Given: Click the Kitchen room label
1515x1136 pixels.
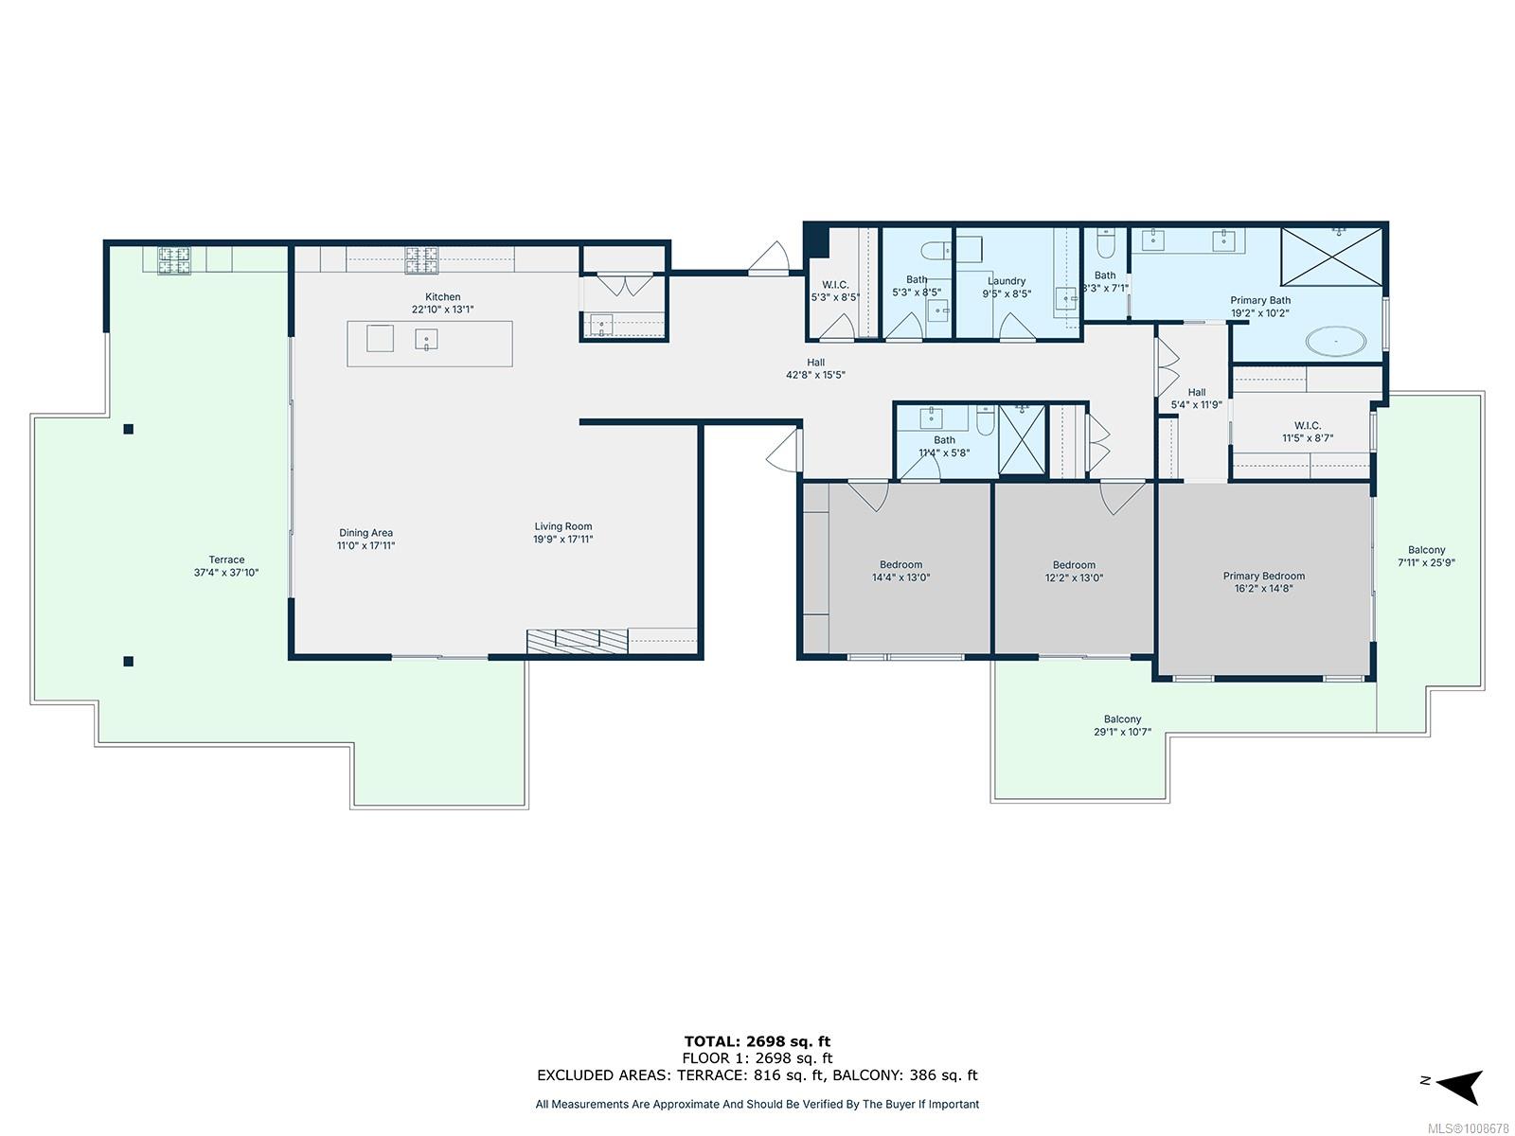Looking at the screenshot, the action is (x=442, y=296).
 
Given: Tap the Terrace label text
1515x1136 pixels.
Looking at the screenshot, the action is (x=226, y=559).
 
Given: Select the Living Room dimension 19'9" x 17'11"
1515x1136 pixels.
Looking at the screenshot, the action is (x=562, y=540).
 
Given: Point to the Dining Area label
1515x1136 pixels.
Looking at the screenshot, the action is (x=365, y=532).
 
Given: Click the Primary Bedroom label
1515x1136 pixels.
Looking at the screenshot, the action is (x=1264, y=576).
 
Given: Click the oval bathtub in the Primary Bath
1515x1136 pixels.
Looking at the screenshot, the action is (x=1335, y=342).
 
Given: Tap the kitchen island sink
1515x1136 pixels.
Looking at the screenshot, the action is (x=426, y=339).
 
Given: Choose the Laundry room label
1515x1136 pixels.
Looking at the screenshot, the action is (x=1007, y=281).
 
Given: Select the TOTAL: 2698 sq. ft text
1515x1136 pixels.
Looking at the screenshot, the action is (x=757, y=1041).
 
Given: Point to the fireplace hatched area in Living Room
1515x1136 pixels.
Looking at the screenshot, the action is (x=577, y=641).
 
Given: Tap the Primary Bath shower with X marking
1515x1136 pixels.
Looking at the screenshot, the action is (x=1331, y=256).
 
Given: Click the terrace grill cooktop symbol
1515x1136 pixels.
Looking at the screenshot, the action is (x=174, y=260).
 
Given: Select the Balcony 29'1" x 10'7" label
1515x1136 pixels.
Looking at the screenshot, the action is (x=1122, y=725).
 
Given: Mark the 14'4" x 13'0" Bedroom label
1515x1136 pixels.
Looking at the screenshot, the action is (x=900, y=571).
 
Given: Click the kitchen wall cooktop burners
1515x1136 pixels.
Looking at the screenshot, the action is (x=421, y=260).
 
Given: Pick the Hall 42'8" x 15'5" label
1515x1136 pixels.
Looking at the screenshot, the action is (x=815, y=368).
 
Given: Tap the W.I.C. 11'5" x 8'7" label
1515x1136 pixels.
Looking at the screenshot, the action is (x=1308, y=432).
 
